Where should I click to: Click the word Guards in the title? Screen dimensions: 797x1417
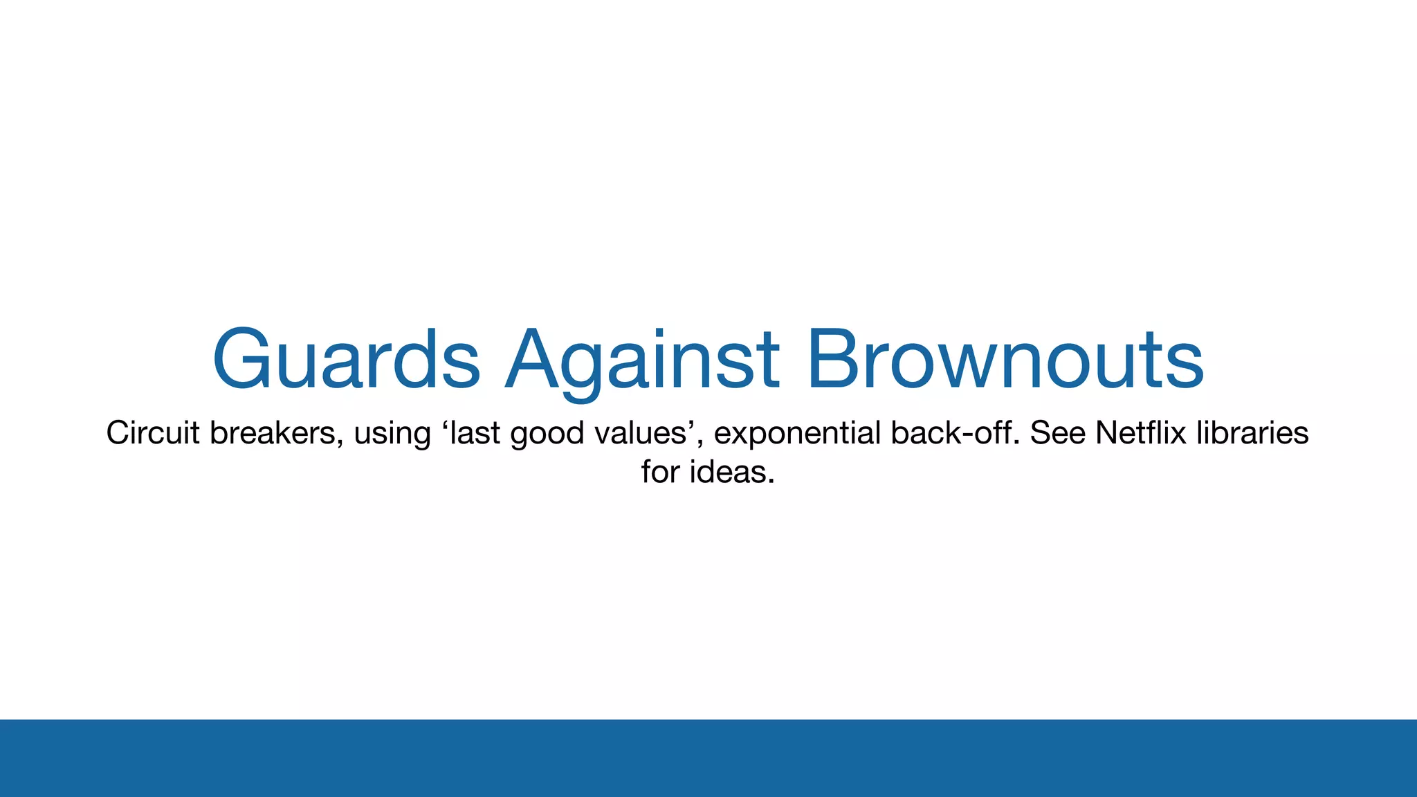347,360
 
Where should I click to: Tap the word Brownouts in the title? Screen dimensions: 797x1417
1006,360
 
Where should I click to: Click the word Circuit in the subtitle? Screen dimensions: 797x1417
153,433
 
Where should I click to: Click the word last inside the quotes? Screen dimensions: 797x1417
477,433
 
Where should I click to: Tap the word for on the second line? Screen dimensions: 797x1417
660,473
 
